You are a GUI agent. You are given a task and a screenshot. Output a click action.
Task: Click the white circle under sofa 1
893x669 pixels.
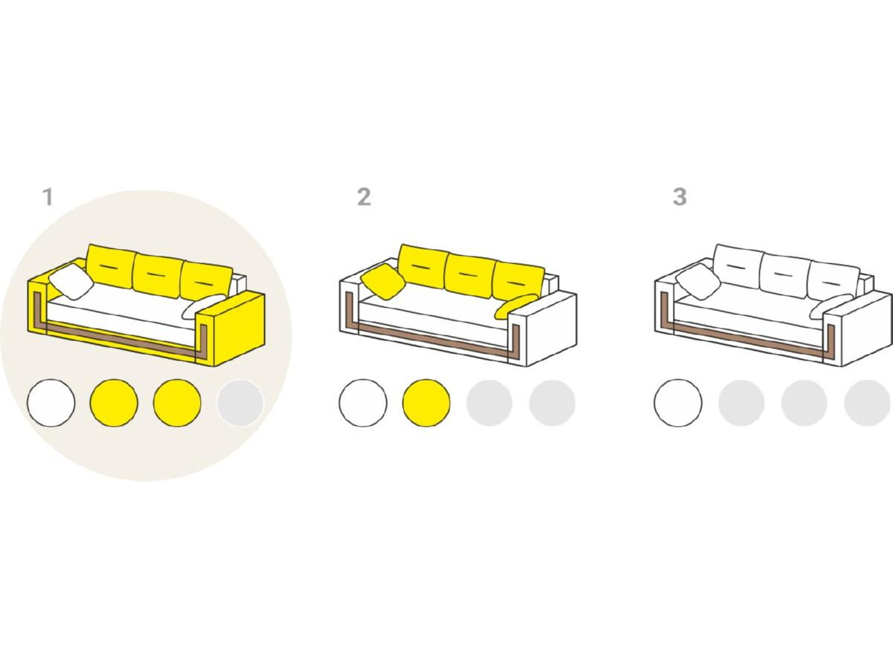51,403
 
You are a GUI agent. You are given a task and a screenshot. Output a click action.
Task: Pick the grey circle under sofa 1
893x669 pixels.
240,403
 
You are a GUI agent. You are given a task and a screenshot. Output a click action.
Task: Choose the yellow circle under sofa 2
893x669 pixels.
426,403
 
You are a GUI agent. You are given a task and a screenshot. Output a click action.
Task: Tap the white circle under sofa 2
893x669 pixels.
363,403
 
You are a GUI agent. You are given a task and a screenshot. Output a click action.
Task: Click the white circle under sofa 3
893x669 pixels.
678,403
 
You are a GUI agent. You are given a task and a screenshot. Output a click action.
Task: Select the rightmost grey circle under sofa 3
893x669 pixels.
868,403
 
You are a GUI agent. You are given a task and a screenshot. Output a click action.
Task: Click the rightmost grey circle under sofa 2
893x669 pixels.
552,403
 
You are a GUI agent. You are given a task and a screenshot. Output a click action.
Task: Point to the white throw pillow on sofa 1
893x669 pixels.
71,282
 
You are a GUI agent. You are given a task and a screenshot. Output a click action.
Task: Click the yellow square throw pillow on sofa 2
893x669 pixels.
383,282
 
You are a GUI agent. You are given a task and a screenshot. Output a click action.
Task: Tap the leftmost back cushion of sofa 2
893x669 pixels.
423,266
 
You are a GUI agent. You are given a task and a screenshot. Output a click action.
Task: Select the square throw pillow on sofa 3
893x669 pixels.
698,282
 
